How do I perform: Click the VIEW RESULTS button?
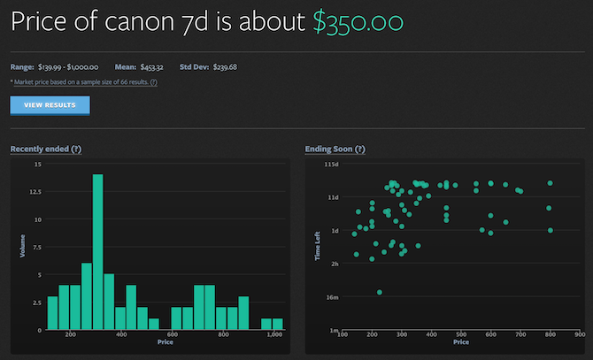point(50,105)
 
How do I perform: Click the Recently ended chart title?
point(45,149)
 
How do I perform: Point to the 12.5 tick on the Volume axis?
point(34,191)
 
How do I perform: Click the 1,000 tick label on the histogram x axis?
point(274,336)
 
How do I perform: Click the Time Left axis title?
point(317,247)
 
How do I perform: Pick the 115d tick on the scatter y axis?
point(332,165)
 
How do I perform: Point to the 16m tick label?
point(332,297)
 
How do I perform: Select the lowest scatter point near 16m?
point(380,292)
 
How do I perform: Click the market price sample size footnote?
point(84,81)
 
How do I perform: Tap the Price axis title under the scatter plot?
point(460,341)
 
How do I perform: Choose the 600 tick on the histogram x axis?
point(173,336)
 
